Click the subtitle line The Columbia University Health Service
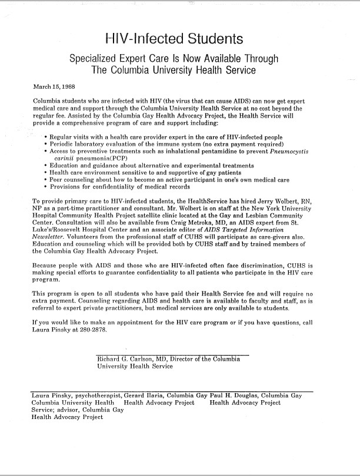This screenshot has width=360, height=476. (x=174, y=71)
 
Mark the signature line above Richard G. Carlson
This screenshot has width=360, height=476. (x=172, y=355)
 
